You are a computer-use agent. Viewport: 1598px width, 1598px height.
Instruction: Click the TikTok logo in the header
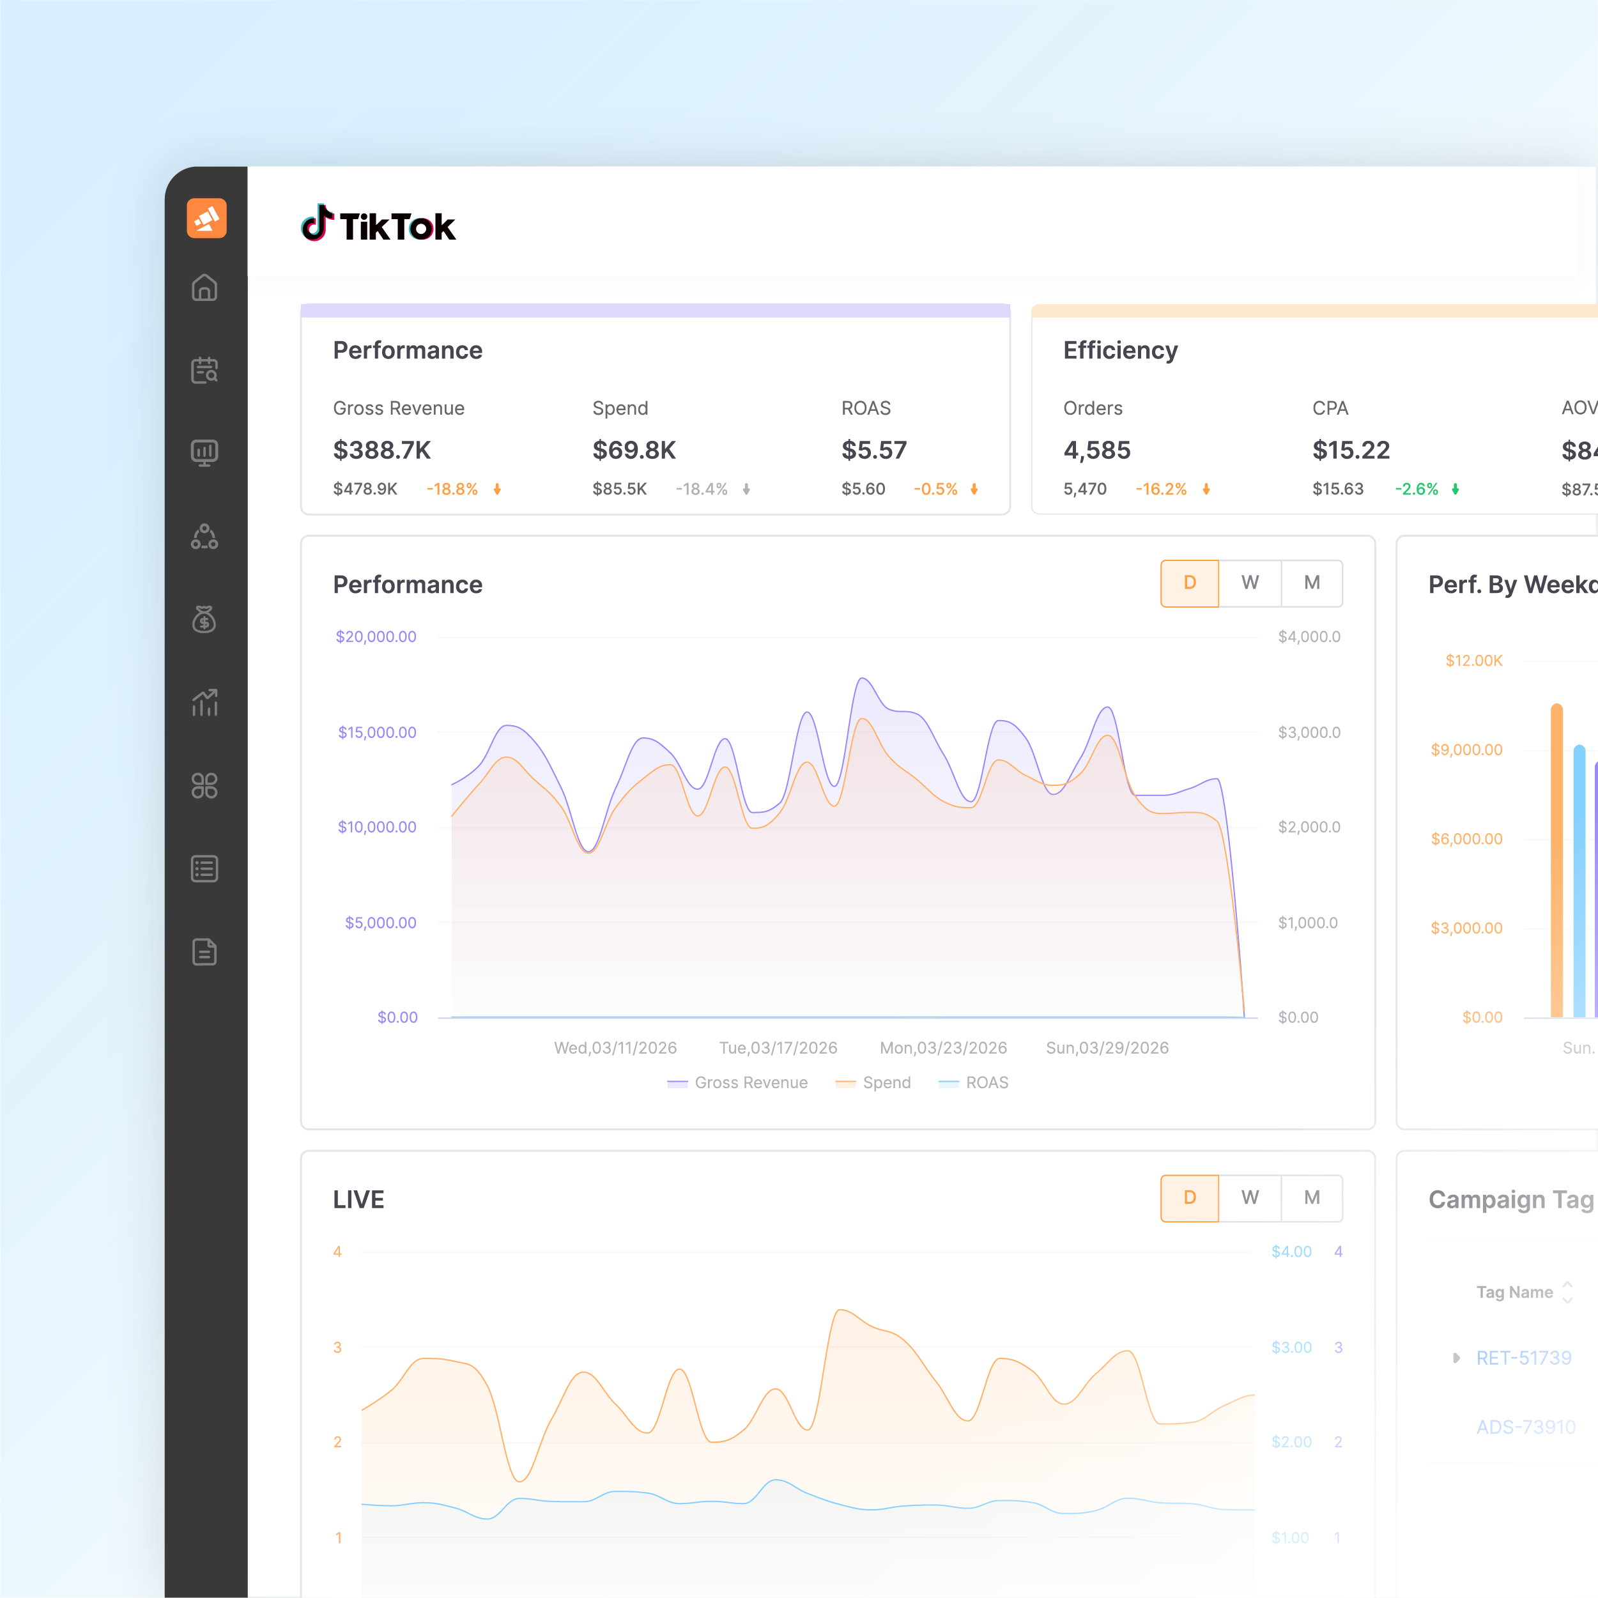(378, 225)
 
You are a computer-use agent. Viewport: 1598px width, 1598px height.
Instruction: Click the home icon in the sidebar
(204, 288)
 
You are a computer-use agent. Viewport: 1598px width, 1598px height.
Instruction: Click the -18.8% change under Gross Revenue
(452, 489)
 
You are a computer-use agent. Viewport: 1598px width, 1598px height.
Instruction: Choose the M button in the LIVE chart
(1312, 1197)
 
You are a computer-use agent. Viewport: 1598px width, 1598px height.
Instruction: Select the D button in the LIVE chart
(1190, 1197)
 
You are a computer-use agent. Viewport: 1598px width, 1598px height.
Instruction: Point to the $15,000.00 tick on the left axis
(377, 733)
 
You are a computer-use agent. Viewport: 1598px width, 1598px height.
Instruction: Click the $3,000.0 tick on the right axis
(1309, 733)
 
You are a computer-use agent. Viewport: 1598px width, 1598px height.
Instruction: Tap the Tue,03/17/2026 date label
(778, 1048)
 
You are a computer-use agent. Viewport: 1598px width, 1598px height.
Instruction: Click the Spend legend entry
(886, 1083)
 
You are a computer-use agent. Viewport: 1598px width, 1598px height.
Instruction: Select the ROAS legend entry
(987, 1083)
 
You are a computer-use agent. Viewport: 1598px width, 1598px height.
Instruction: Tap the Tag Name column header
(1514, 1292)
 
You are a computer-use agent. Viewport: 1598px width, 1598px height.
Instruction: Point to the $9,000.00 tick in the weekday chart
(1466, 750)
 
